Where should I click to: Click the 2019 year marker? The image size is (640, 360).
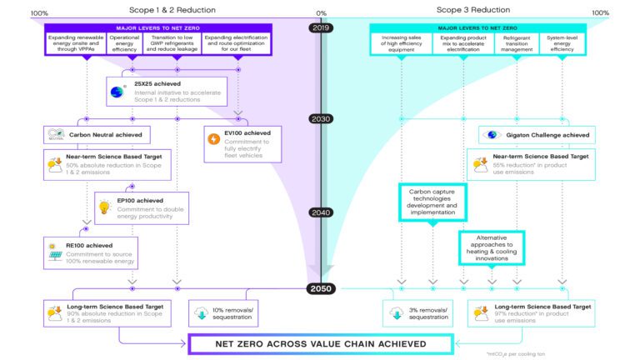pos(321,27)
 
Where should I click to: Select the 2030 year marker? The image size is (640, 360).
pos(321,118)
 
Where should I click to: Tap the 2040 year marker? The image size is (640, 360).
pos(321,212)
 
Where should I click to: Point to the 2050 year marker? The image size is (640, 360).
pos(321,288)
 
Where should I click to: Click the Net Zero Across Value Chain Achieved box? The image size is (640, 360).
pos(320,342)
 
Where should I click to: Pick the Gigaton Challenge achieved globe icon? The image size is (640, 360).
pos(492,135)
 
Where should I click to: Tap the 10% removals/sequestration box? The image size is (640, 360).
pos(220,313)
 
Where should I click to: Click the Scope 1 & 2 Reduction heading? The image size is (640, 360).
pos(177,10)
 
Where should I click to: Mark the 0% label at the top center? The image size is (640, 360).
pos(321,13)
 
